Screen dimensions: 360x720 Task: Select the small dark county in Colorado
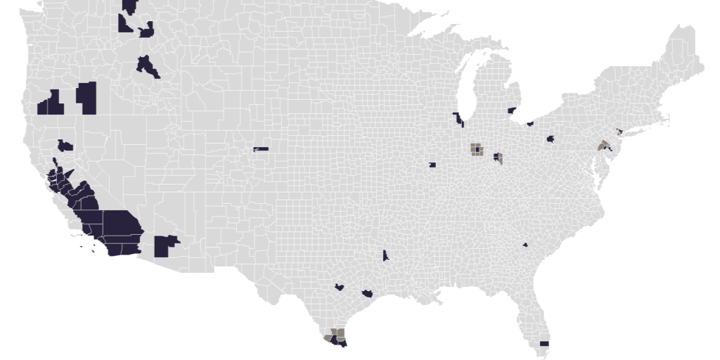click(x=261, y=149)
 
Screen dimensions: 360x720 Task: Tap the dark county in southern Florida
click(x=544, y=343)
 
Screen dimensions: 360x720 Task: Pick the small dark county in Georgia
click(x=525, y=245)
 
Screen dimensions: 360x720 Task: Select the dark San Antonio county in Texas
click(x=340, y=287)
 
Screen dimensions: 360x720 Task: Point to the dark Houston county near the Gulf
click(x=367, y=292)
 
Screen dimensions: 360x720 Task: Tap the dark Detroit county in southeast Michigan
click(x=511, y=110)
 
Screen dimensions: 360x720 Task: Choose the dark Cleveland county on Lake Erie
click(x=530, y=124)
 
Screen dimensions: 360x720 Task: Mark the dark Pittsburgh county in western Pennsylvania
click(x=550, y=139)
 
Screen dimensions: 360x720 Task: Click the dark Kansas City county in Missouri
click(x=432, y=165)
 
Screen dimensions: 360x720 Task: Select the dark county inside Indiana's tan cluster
click(x=477, y=149)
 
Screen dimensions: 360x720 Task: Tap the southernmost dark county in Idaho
click(x=148, y=66)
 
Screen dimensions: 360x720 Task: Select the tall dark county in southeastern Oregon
click(x=86, y=98)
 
